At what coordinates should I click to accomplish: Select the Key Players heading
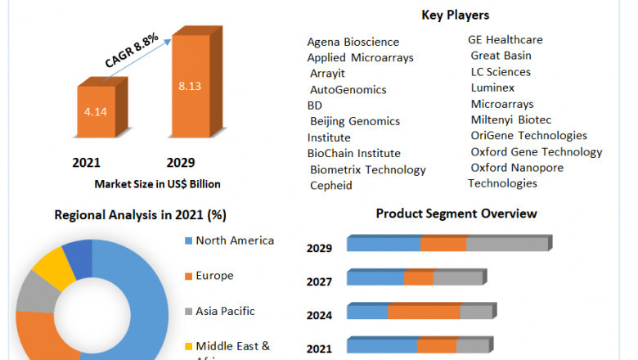click(x=456, y=15)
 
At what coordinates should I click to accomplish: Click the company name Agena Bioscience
click(x=353, y=42)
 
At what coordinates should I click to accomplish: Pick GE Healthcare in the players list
click(x=505, y=40)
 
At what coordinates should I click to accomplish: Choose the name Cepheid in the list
click(x=331, y=186)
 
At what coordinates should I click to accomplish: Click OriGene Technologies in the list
click(x=529, y=135)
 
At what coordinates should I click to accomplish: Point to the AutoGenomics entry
click(x=348, y=89)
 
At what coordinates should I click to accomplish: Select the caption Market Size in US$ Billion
click(x=157, y=184)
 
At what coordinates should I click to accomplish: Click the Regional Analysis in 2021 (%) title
click(x=140, y=215)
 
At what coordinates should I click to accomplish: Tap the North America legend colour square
click(x=189, y=241)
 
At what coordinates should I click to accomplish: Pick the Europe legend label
click(x=214, y=276)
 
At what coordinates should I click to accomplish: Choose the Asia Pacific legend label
click(x=225, y=311)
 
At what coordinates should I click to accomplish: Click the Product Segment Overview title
click(x=456, y=214)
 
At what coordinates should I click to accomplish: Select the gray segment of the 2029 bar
click(x=507, y=244)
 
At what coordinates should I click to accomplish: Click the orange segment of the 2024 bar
click(x=424, y=312)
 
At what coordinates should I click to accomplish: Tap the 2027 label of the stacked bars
click(x=319, y=282)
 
